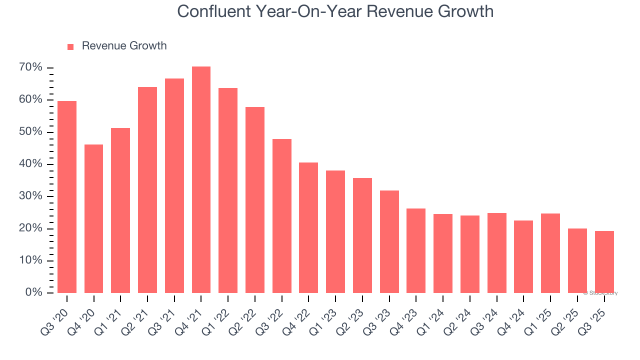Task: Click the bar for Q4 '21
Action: tap(201, 179)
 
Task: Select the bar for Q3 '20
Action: tap(67, 197)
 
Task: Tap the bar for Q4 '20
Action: tap(93, 218)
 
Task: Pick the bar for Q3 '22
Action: tap(282, 216)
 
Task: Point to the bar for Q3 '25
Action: tap(604, 261)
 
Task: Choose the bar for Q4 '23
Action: tap(416, 250)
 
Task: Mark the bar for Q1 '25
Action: tap(550, 253)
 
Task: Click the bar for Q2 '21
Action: tap(147, 190)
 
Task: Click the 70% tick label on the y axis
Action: tap(31, 68)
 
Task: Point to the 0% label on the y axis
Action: tap(34, 292)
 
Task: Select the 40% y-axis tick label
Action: tap(31, 164)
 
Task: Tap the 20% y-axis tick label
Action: tap(31, 228)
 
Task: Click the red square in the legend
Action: tap(70, 46)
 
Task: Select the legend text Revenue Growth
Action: tap(124, 46)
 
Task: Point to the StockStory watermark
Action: tap(600, 293)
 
